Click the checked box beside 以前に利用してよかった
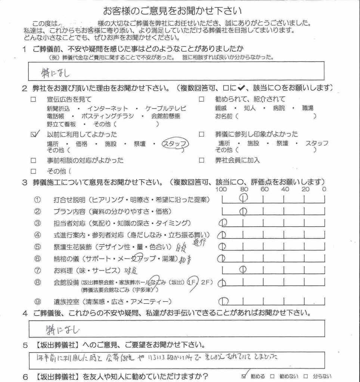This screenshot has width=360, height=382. pyautogui.click(x=34, y=135)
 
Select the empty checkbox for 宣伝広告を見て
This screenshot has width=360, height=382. pyautogui.click(x=34, y=100)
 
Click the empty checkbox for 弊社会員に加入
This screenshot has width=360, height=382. pyautogui.click(x=202, y=160)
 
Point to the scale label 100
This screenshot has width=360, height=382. pyautogui.click(x=221, y=189)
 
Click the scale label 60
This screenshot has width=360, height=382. pyautogui.click(x=264, y=189)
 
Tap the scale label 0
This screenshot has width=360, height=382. pyautogui.click(x=324, y=189)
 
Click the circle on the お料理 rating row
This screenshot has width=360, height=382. pyautogui.click(x=243, y=269)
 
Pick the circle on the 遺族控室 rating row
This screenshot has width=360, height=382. pyautogui.click(x=223, y=301)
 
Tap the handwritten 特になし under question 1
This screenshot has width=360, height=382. pyautogui.click(x=55, y=72)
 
